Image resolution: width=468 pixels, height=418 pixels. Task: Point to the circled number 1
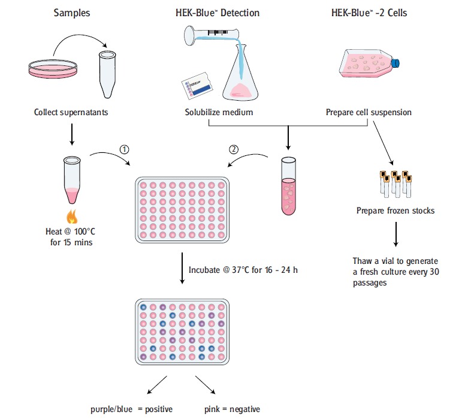125,149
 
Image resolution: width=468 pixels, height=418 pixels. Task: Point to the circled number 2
234,149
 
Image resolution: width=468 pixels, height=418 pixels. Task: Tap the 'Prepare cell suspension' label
368,112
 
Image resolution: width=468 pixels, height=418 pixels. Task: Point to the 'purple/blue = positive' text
130,409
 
